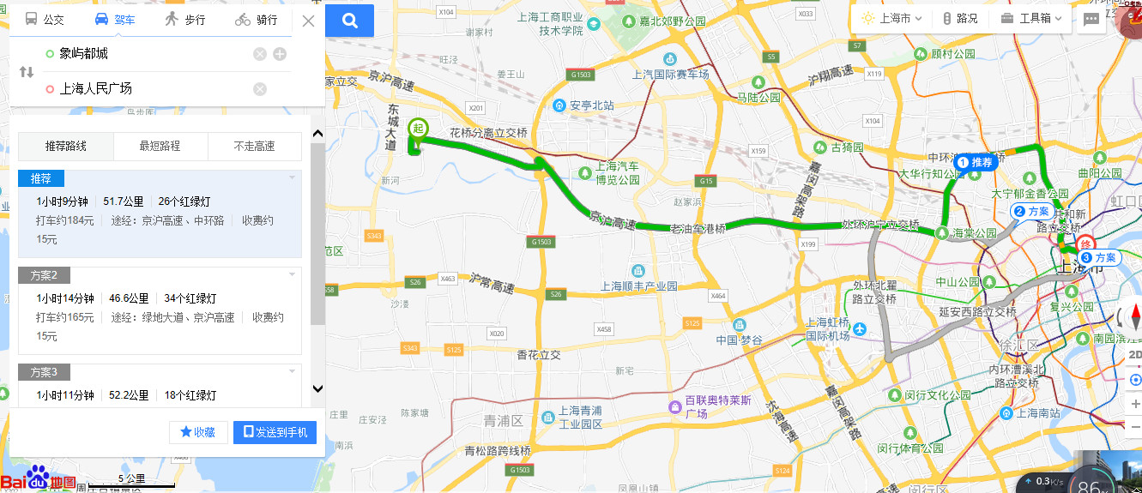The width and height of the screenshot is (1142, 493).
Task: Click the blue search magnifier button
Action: point(349,21)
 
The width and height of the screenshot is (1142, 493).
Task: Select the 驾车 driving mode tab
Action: point(114,20)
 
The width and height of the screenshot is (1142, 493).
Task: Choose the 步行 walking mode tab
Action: point(184,20)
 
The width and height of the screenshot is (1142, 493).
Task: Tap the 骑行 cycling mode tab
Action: point(256,20)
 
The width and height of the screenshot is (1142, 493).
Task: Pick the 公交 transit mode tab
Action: point(45,20)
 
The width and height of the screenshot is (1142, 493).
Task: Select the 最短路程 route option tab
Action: point(160,147)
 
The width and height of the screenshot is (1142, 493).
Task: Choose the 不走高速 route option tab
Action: point(254,147)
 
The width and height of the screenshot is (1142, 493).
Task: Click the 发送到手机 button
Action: point(275,432)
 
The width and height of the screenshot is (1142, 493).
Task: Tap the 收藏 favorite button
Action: point(197,432)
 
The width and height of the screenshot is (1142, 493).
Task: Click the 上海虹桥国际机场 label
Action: point(828,329)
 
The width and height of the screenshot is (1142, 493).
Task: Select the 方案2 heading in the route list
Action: point(44,275)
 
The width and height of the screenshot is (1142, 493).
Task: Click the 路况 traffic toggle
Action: point(959,18)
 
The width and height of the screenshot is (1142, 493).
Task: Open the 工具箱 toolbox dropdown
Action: point(1031,18)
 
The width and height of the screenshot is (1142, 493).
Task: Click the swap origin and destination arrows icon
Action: point(27,71)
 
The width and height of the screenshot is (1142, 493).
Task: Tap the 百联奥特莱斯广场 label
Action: point(716,407)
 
